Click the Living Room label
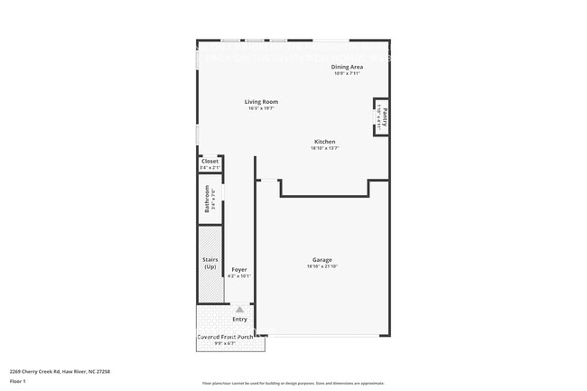point(261,101)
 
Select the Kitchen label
point(324,142)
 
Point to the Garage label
point(321,260)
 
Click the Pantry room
point(383,116)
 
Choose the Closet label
point(210,161)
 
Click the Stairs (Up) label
point(210,264)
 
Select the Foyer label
point(239,270)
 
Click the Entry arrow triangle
point(239,309)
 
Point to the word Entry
point(239,319)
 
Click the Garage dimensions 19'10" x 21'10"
point(321,266)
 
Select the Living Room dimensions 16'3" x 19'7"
point(261,108)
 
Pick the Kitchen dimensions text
point(324,149)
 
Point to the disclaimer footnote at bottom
point(293,383)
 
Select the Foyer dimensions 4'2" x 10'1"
point(239,276)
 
